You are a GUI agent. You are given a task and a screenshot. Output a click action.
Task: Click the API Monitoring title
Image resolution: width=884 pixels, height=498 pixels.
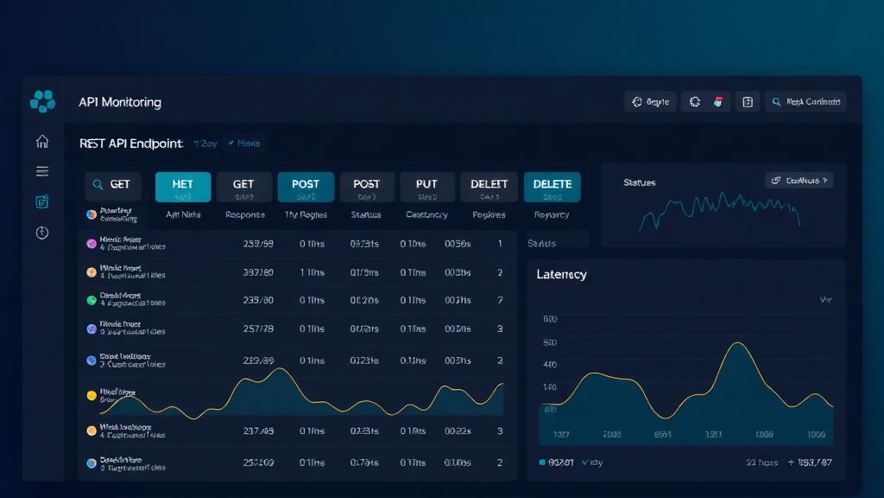119,102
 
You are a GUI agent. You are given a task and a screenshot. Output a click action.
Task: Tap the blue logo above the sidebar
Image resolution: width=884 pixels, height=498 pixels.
42,101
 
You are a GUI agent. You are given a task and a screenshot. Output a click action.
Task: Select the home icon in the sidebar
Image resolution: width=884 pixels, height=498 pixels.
42,142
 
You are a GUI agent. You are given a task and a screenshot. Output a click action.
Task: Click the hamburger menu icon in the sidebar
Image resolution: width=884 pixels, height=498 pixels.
42,171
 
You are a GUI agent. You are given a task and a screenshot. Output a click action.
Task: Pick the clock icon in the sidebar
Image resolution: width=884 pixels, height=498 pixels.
42,233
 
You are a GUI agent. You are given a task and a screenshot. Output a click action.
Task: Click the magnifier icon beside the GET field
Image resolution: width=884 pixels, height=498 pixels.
98,185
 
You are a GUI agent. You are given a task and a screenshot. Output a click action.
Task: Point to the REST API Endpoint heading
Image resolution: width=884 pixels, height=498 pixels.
130,144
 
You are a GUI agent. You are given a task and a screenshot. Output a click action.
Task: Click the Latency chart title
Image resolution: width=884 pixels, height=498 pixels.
561,274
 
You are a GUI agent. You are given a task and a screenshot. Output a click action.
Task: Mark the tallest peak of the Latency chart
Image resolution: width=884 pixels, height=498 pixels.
737,344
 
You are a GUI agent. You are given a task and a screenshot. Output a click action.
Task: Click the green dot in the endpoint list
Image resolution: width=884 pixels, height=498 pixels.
92,300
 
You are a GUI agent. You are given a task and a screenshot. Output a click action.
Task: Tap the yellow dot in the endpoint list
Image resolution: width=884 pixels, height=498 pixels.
92,395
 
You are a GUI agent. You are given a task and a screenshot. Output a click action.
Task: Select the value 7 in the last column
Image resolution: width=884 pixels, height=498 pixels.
500,300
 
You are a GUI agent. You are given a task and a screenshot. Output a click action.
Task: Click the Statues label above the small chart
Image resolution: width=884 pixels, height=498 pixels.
639,183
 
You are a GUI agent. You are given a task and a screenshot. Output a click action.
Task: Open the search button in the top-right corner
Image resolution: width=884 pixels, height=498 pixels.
804,102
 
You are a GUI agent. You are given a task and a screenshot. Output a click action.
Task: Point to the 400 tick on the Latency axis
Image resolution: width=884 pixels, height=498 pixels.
550,365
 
